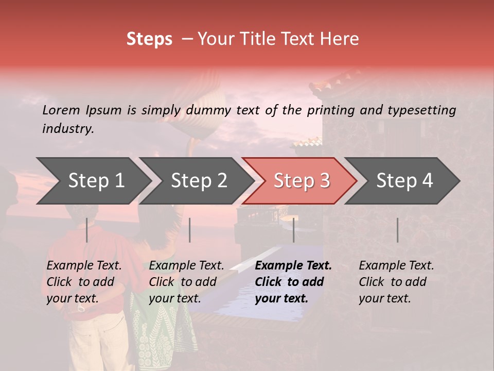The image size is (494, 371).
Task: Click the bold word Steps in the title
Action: (x=149, y=39)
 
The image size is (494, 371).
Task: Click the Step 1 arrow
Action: (x=96, y=181)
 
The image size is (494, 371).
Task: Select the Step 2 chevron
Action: (x=199, y=181)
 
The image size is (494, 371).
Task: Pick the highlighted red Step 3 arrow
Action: (x=302, y=181)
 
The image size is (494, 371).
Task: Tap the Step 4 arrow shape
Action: (x=404, y=181)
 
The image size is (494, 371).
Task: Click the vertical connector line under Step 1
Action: (x=86, y=230)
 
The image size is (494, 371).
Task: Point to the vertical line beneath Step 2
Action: (x=190, y=230)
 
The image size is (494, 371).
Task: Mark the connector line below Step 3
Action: (x=293, y=230)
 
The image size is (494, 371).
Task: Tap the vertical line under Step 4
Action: (x=397, y=230)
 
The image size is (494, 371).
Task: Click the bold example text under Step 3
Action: (x=293, y=282)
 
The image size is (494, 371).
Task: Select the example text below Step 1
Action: (x=84, y=282)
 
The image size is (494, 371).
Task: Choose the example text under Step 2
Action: (x=186, y=282)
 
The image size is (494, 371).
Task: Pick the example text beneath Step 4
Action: (x=396, y=282)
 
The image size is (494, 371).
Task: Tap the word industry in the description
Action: (x=68, y=129)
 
